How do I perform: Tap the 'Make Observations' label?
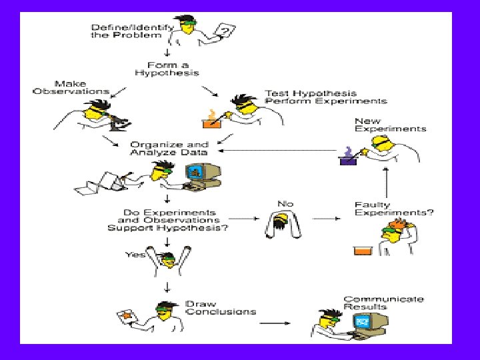pyautogui.click(x=71, y=87)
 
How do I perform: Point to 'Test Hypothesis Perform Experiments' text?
pyautogui.click(x=325, y=97)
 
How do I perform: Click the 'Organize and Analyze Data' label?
pyautogui.click(x=169, y=148)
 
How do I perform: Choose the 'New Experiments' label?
pyautogui.click(x=390, y=125)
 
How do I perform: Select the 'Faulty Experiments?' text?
pyautogui.click(x=393, y=209)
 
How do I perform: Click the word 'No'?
pyautogui.click(x=285, y=203)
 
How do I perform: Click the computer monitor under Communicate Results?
pyautogui.click(x=364, y=322)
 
